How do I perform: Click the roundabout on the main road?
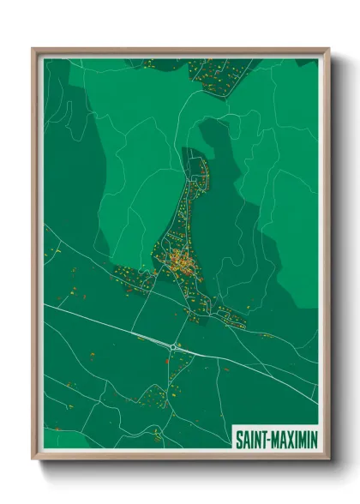[x=174, y=346]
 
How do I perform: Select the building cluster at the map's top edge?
[x=219, y=73]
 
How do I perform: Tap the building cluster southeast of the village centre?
[x=230, y=315]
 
